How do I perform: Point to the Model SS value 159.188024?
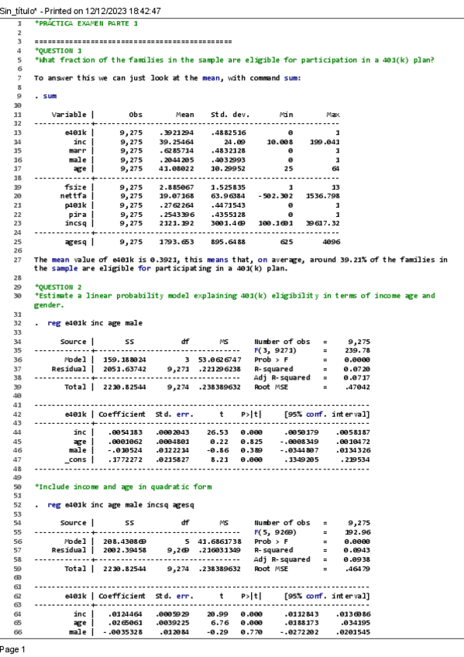tap(124, 359)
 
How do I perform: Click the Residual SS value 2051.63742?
tap(124, 368)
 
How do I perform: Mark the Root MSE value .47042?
tap(356, 386)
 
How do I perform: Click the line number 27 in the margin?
tap(17, 259)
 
